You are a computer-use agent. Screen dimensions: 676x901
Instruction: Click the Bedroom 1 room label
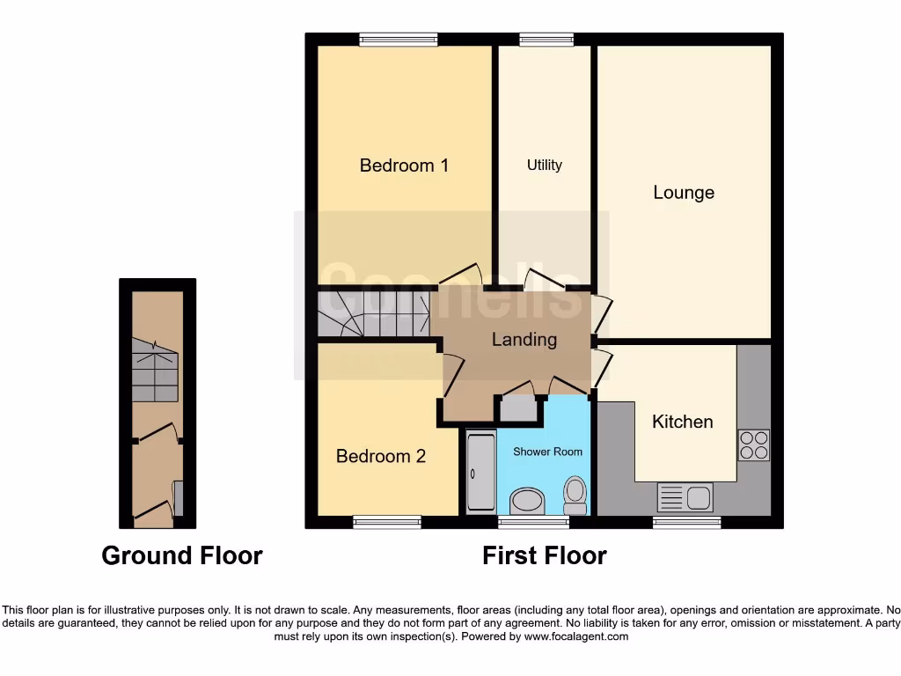[404, 165]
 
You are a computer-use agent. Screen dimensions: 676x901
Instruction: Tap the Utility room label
[544, 165]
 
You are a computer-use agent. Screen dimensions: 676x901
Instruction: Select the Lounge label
[684, 193]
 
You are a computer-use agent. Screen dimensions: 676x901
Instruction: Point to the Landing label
[524, 340]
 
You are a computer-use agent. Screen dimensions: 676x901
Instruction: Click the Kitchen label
[682, 422]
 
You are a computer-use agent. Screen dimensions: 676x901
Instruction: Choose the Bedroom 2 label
[381, 456]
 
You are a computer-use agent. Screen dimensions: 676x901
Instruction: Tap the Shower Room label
[547, 452]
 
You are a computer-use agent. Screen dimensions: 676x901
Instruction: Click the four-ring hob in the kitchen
[753, 445]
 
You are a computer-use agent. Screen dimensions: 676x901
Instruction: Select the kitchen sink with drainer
[685, 497]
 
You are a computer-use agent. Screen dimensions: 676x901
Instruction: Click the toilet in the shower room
[575, 495]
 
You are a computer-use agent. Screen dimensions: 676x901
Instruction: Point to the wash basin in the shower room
[528, 501]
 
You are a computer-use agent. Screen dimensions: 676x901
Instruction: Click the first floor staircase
[373, 314]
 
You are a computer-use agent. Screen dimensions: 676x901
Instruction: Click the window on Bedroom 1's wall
[399, 39]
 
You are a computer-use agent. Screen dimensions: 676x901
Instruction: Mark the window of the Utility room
[546, 39]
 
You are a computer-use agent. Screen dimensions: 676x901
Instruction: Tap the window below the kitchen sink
[686, 523]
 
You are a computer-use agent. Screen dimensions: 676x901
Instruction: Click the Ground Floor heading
[182, 556]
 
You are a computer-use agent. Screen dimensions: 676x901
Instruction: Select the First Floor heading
[544, 556]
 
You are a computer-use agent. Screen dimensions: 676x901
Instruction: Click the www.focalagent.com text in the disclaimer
[576, 636]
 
